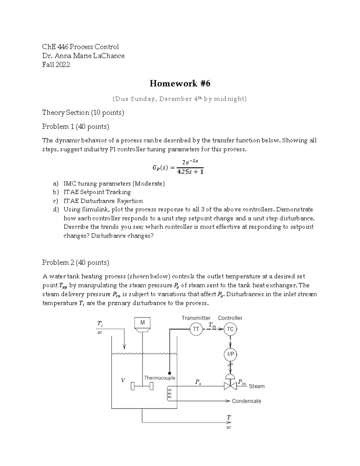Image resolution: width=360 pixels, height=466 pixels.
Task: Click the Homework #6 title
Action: [180, 83]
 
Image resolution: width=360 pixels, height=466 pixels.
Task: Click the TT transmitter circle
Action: [196, 329]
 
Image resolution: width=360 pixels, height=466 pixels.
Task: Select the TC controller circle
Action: [230, 329]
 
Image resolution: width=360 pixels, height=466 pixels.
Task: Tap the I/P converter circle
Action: [230, 354]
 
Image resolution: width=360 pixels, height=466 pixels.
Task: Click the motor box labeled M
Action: [142, 323]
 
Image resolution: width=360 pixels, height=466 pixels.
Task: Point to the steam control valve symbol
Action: [230, 386]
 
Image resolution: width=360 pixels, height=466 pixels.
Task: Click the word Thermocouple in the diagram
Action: [160, 378]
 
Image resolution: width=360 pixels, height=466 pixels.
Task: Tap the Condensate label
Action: [246, 401]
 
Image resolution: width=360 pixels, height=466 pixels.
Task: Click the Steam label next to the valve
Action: [256, 386]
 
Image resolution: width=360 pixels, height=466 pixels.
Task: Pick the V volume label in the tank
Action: [123, 380]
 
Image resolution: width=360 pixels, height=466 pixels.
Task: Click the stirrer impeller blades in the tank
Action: [142, 386]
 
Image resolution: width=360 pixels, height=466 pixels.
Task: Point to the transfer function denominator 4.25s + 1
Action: [190, 172]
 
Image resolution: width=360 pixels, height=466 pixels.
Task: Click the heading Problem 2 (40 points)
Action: [76, 263]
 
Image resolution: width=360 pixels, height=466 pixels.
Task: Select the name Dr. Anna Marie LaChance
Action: [83, 56]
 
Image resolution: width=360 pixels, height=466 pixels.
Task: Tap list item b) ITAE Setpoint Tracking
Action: [97, 192]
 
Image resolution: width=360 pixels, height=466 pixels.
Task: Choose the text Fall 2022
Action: [56, 65]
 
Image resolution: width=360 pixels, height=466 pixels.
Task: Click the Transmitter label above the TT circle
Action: [196, 318]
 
